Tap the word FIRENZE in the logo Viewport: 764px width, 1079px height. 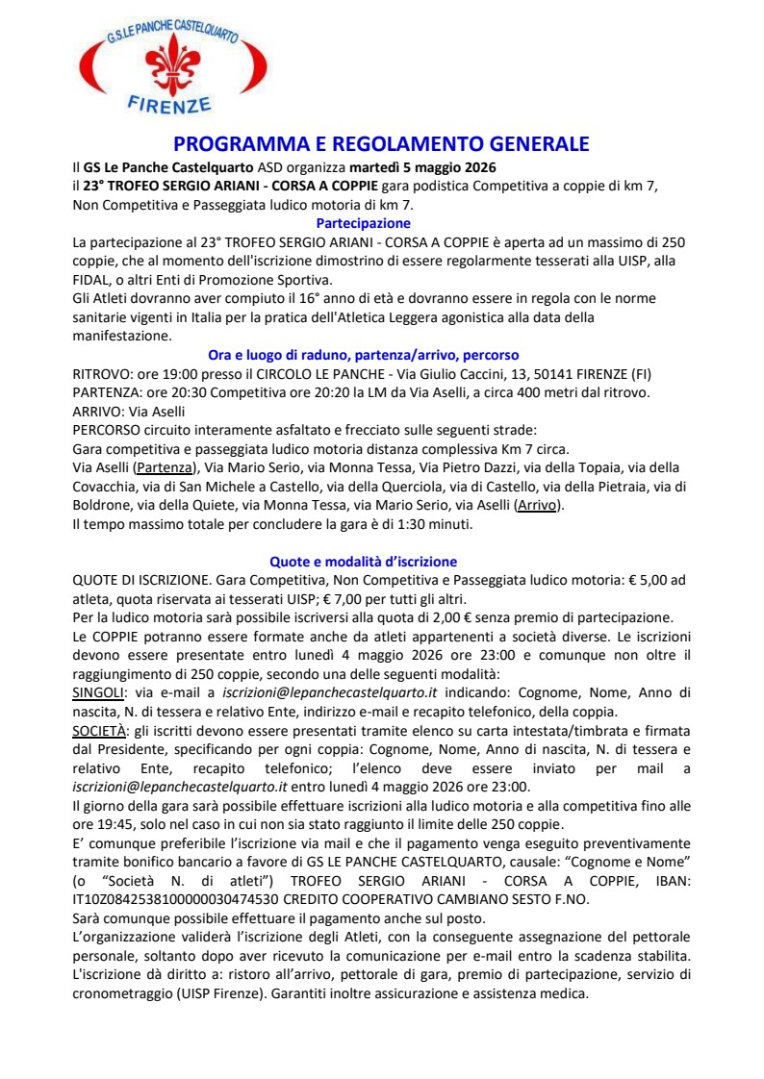pos(169,103)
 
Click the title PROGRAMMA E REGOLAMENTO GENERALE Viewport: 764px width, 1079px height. pos(381,144)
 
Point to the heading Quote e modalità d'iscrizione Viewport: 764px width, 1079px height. pos(362,561)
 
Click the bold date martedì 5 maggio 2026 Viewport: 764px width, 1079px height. pos(429,168)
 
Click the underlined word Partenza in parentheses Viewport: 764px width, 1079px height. pos(164,468)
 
